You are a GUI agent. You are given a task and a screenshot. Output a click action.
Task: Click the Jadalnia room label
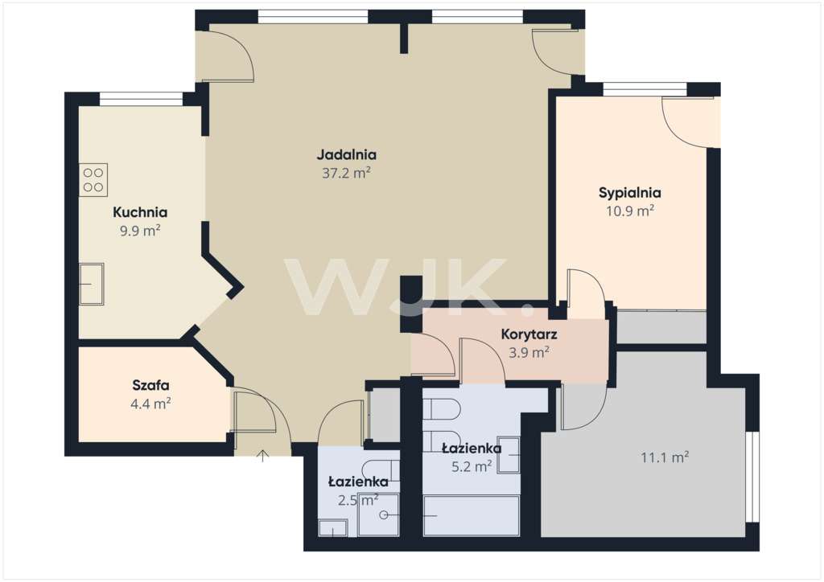coord(346,155)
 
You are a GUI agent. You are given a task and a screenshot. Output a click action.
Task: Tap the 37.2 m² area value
coord(346,172)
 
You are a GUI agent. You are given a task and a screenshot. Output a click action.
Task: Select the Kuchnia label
coord(140,213)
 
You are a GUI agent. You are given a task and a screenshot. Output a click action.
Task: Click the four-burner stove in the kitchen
coord(93,180)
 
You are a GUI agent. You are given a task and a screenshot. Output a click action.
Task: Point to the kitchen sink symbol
coord(91,284)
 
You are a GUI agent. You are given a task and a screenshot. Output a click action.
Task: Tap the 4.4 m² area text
coord(150,404)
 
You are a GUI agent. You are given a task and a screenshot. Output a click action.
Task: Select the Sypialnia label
coord(629,193)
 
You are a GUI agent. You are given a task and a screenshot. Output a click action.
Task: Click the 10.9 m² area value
coord(629,211)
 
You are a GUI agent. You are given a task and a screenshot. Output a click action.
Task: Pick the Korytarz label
coord(529,334)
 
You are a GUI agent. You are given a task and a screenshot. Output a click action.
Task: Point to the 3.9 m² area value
coord(529,351)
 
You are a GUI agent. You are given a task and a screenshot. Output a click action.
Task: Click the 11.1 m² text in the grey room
coord(665,458)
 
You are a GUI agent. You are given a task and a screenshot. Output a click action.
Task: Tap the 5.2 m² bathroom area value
coord(472,465)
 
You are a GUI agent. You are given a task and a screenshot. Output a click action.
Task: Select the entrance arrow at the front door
coord(262,457)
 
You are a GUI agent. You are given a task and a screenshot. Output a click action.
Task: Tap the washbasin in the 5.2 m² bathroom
coord(509,455)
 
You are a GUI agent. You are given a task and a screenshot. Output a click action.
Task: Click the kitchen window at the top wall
coord(141,99)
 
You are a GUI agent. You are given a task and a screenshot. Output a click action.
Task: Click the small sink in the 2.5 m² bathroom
coord(332,527)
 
